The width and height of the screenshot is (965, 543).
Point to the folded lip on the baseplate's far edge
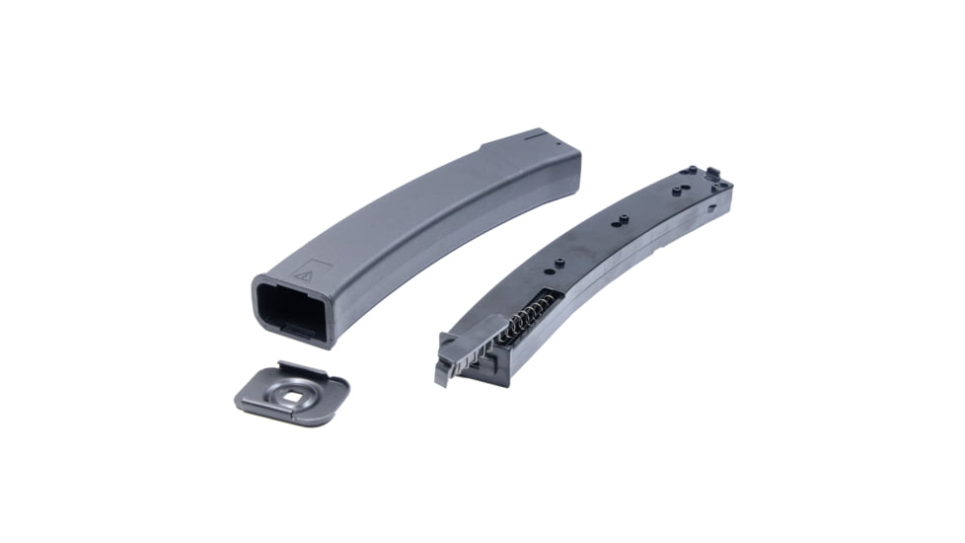click(x=302, y=367)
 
